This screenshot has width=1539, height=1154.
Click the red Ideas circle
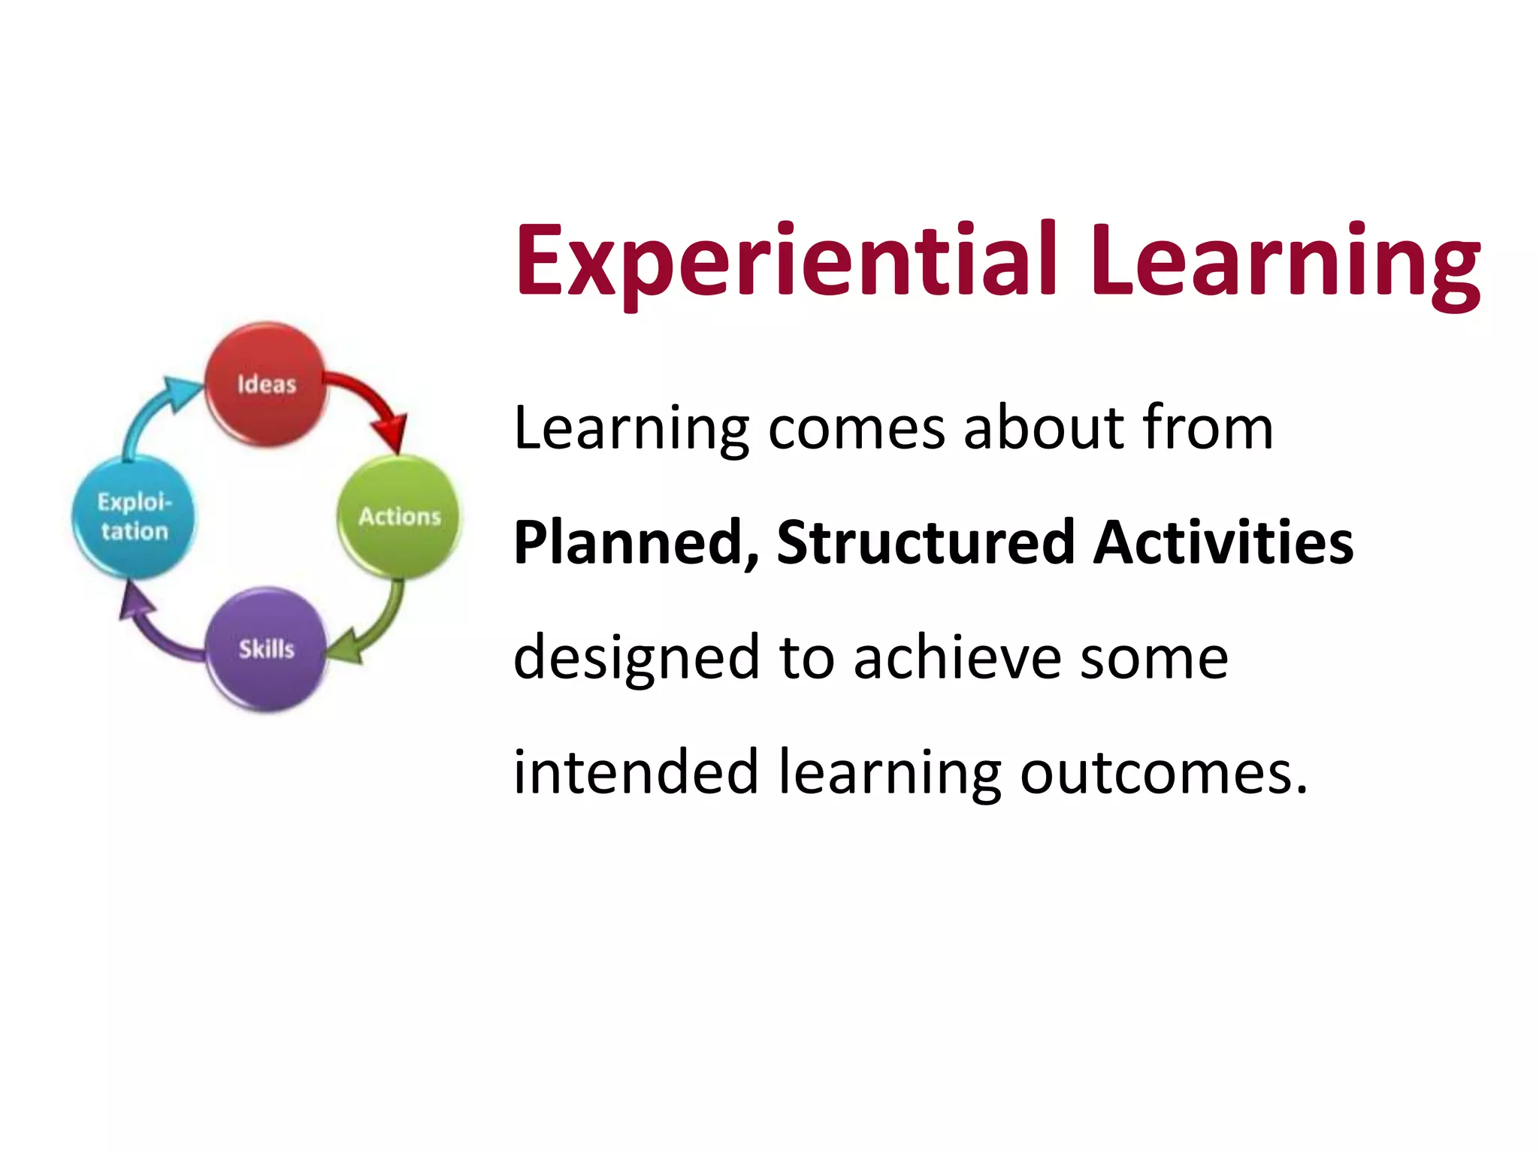pyautogui.click(x=266, y=385)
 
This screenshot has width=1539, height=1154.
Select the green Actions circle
pyautogui.click(x=399, y=517)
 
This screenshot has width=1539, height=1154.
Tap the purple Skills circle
pyautogui.click(x=266, y=649)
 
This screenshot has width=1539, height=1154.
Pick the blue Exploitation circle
pyautogui.click(x=133, y=517)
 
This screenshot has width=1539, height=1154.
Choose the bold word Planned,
pyautogui.click(x=636, y=542)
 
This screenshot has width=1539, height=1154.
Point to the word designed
pyautogui.click(x=636, y=658)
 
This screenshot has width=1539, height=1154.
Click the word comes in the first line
pyautogui.click(x=857, y=428)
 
